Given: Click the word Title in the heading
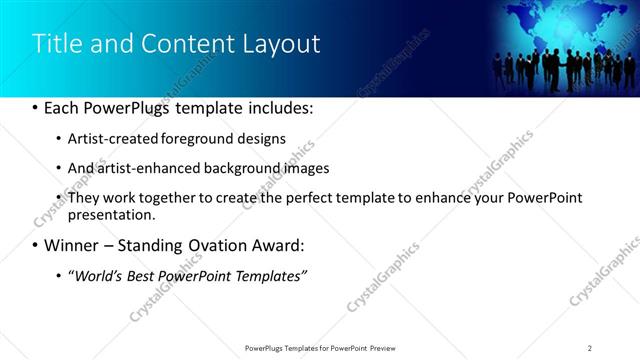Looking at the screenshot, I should [56, 44].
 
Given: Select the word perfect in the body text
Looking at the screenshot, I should [303, 198].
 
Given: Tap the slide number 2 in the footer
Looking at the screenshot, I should [590, 347].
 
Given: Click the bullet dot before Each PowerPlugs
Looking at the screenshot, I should [35, 108].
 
